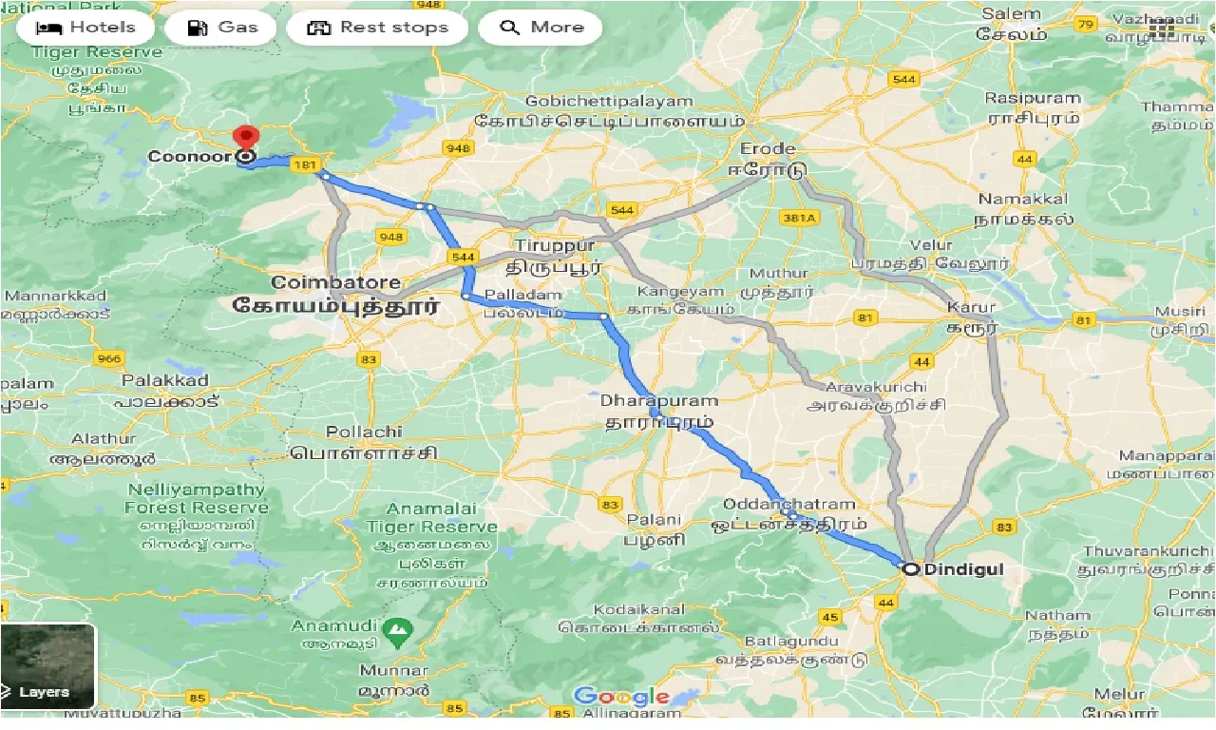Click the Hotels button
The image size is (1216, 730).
85,28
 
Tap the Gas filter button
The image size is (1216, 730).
221,28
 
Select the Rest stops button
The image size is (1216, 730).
377,28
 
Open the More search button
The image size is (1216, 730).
540,28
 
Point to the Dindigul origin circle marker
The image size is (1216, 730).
911,569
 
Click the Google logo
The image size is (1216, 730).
621,697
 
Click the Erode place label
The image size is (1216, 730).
768,149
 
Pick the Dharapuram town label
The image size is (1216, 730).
658,402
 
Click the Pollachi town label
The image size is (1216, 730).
365,432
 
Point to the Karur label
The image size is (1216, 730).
971,307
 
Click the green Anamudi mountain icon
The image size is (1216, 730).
397,628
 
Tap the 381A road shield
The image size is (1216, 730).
799,218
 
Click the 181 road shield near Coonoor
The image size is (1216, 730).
305,164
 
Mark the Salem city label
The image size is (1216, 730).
1013,14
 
